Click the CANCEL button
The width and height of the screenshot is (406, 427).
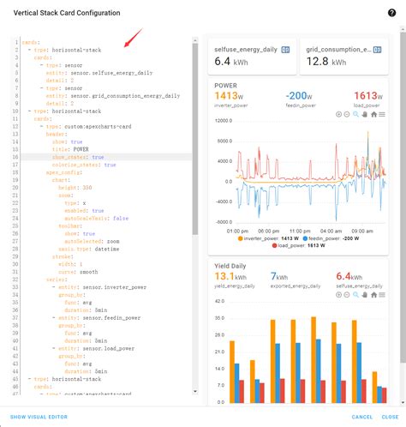[362, 417]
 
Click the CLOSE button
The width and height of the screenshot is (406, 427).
[390, 417]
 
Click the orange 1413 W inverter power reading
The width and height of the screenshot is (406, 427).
[230, 95]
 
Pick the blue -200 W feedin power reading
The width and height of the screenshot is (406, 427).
[298, 95]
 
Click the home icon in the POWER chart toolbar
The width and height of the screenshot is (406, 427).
[374, 114]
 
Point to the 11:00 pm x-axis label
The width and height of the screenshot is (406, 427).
[236, 231]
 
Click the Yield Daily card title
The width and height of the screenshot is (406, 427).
[231, 266]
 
